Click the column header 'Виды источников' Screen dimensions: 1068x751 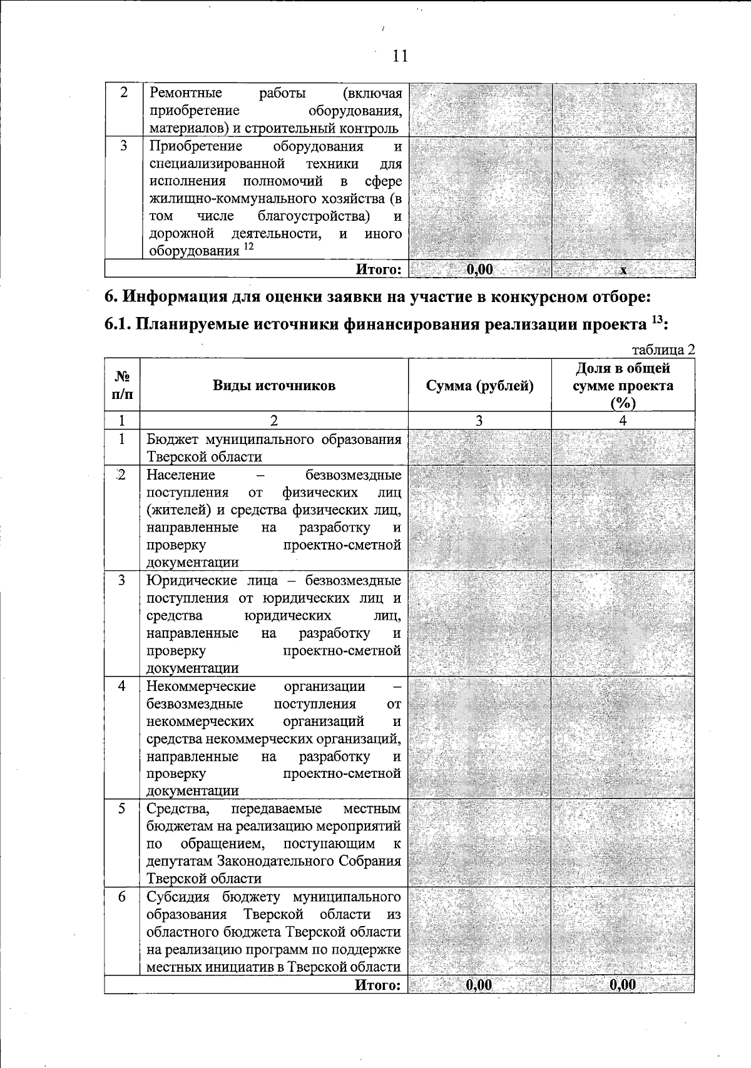click(273, 385)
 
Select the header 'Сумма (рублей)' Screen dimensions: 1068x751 click(479, 386)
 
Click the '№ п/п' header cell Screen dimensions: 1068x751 click(123, 385)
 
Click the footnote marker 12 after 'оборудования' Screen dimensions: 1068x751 click(248, 246)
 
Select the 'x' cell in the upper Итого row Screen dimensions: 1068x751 click(623, 270)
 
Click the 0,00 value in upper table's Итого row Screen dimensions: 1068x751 click(480, 270)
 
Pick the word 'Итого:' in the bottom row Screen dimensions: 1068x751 click(378, 985)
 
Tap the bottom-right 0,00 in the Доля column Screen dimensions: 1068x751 click(623, 985)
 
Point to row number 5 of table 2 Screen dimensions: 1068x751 click(122, 809)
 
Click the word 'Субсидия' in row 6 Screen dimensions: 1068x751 click(174, 897)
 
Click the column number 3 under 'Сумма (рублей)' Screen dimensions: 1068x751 click(479, 421)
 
